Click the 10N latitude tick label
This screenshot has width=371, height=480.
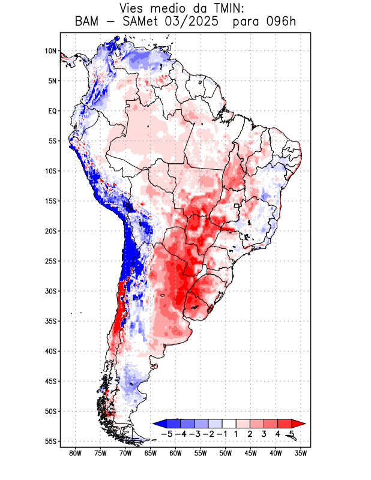50,51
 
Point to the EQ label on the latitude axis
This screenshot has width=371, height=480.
52,111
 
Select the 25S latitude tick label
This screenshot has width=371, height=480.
50,261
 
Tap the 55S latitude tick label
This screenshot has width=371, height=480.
50,441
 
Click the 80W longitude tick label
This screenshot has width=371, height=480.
75,453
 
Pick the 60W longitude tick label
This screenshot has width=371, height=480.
175,453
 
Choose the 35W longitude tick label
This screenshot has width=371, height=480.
301,453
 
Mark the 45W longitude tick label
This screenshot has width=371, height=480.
251,453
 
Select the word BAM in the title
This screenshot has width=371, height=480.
89,22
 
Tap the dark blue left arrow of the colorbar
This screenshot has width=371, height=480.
158,424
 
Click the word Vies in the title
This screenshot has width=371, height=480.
133,8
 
